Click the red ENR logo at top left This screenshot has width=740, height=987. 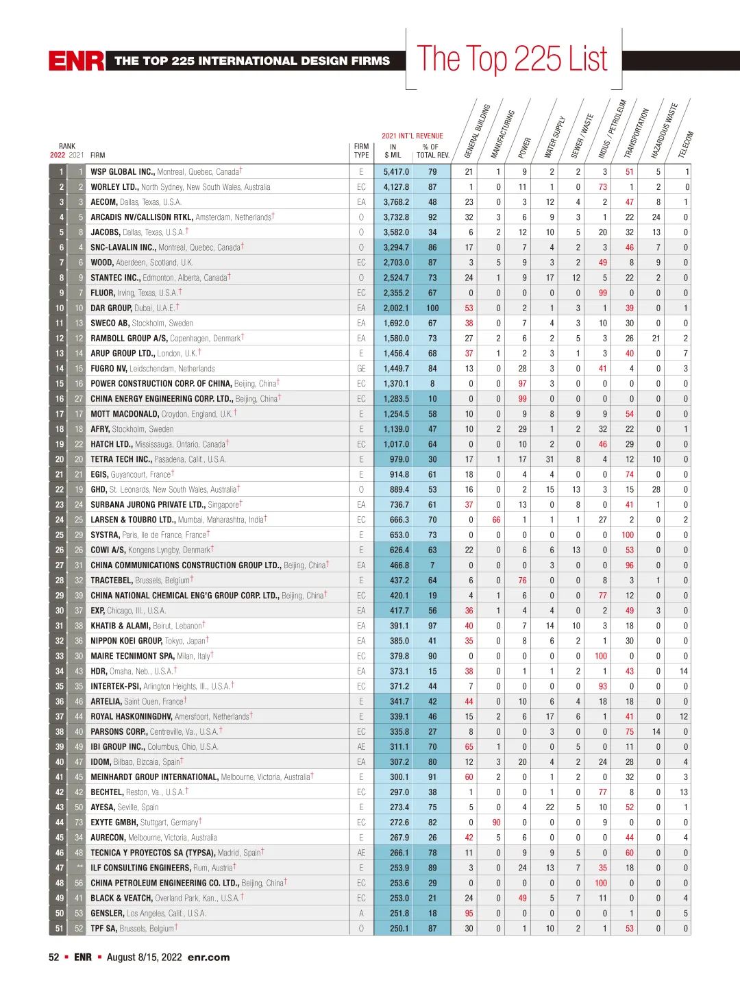tap(76, 61)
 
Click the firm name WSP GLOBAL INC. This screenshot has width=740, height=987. tap(123, 172)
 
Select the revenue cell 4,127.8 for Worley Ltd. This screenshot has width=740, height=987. tap(396, 187)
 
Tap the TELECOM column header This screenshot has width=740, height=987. tap(686, 145)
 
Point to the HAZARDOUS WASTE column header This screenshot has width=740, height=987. tap(664, 131)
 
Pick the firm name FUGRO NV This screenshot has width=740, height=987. tap(109, 369)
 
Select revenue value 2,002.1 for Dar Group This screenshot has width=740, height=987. tap(396, 308)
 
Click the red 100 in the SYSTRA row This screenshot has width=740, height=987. tap(628, 535)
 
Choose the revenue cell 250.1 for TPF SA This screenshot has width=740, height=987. tap(398, 929)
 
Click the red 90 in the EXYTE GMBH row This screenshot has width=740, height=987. tap(496, 822)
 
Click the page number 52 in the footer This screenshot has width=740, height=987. tap(53, 958)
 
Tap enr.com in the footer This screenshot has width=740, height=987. tap(208, 958)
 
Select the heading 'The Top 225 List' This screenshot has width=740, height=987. tap(513, 60)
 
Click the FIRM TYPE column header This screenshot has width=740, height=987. tap(361, 151)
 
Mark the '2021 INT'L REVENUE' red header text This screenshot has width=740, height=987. tap(412, 136)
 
